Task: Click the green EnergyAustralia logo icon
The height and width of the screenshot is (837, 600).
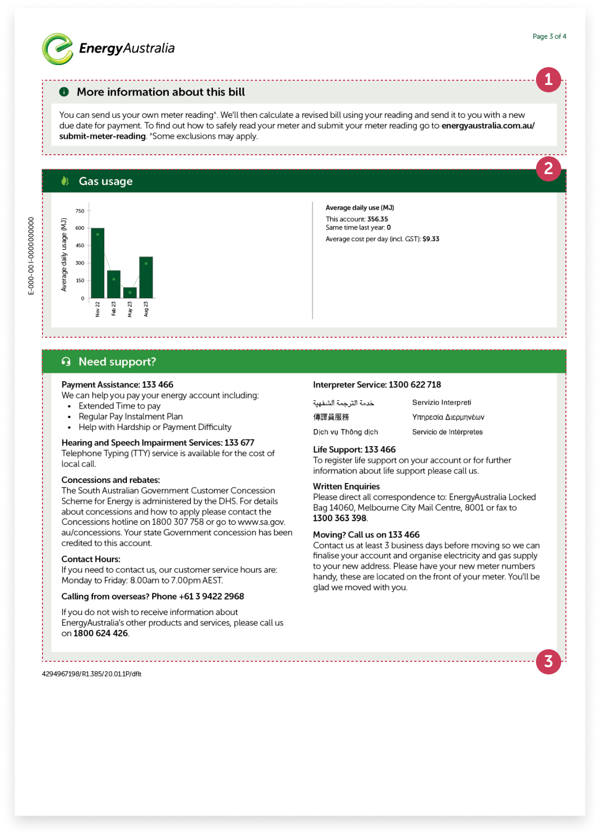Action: click(57, 49)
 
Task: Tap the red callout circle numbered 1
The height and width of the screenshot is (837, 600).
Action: click(548, 80)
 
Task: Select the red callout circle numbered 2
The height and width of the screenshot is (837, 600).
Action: click(548, 169)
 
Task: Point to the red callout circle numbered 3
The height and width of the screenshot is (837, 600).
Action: click(548, 661)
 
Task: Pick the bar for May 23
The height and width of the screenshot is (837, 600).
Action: click(130, 293)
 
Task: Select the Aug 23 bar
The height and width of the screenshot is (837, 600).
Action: click(146, 277)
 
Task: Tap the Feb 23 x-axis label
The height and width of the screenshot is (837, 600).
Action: click(114, 308)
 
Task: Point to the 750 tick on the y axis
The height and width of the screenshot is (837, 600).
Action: click(80, 211)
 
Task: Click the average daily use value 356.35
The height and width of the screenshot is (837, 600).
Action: click(378, 219)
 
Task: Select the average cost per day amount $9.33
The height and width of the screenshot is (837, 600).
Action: click(431, 239)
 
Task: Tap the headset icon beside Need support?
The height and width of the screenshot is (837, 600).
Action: click(66, 362)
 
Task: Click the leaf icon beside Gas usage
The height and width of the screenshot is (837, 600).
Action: click(65, 181)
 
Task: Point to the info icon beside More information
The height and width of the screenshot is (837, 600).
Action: click(64, 92)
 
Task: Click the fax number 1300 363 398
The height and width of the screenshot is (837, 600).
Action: click(339, 518)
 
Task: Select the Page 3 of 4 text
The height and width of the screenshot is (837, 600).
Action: click(549, 37)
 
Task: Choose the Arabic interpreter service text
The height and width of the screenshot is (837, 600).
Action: click(344, 403)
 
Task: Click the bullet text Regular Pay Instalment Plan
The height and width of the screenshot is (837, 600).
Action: click(131, 416)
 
